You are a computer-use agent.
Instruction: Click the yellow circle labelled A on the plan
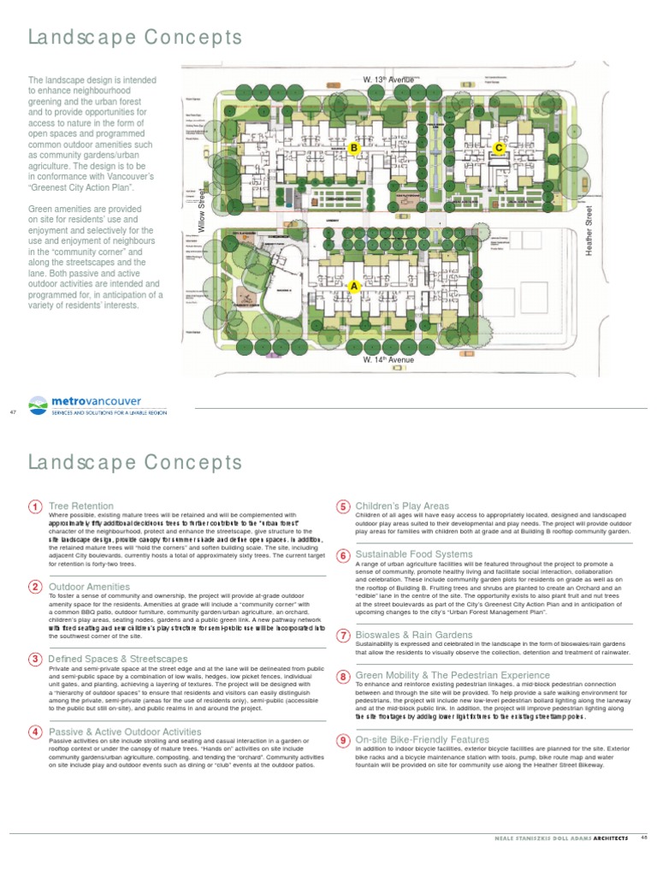pos(353,287)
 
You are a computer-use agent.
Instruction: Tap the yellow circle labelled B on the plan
pos(352,148)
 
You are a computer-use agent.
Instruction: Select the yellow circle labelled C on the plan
pos(499,148)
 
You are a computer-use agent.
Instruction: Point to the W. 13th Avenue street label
pos(388,80)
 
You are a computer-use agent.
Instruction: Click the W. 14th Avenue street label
pos(388,360)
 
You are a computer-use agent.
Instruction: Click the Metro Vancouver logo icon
pos(38,404)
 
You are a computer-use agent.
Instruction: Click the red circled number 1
pos(35,507)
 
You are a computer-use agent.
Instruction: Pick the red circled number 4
pos(35,731)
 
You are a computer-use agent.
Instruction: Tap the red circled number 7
pos(342,635)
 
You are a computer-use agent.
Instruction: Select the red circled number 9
pos(342,740)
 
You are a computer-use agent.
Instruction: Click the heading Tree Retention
pos(81,506)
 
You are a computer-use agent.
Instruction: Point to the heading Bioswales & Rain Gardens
pos(413,635)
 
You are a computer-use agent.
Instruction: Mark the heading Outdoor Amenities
pos(90,587)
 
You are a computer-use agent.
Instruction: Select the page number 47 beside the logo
pos(13,412)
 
